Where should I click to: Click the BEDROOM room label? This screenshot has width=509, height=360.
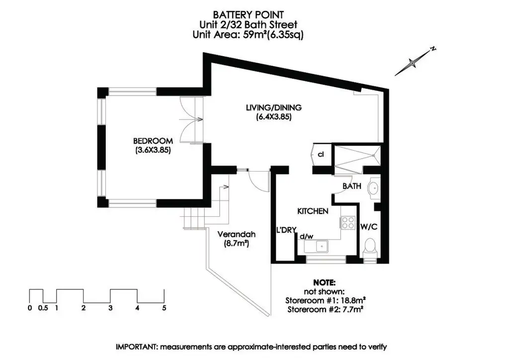pyautogui.click(x=153, y=141)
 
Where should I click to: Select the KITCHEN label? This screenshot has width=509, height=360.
pyautogui.click(x=313, y=211)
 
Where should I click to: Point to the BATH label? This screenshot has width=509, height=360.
pyautogui.click(x=351, y=186)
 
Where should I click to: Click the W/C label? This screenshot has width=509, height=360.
pyautogui.click(x=369, y=227)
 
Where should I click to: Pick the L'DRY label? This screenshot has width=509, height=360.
pyautogui.click(x=287, y=230)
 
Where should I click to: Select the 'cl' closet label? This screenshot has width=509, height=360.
pyautogui.click(x=321, y=155)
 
